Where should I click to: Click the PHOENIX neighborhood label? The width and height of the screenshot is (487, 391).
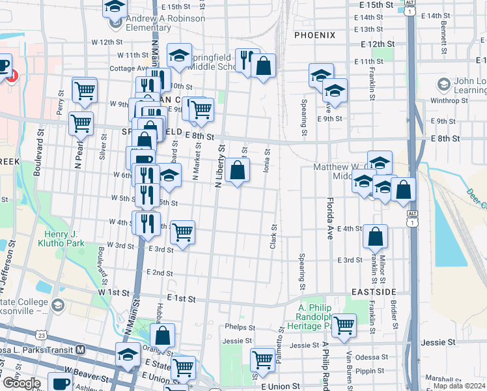[x=314, y=35]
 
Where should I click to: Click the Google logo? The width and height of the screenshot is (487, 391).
[x=21, y=383]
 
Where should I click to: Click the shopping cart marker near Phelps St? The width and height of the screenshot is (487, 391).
[x=344, y=324]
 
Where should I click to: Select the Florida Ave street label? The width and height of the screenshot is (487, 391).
[x=330, y=218]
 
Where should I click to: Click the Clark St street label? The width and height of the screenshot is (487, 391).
[x=273, y=238]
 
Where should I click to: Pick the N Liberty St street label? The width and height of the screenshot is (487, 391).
[x=219, y=166]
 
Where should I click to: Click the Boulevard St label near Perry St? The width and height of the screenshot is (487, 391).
[x=38, y=150]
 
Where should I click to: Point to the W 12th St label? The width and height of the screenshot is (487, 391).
[x=107, y=42]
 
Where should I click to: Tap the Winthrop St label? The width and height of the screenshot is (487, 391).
[x=449, y=101]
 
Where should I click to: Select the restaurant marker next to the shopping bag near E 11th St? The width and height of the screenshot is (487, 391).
[x=247, y=61]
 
